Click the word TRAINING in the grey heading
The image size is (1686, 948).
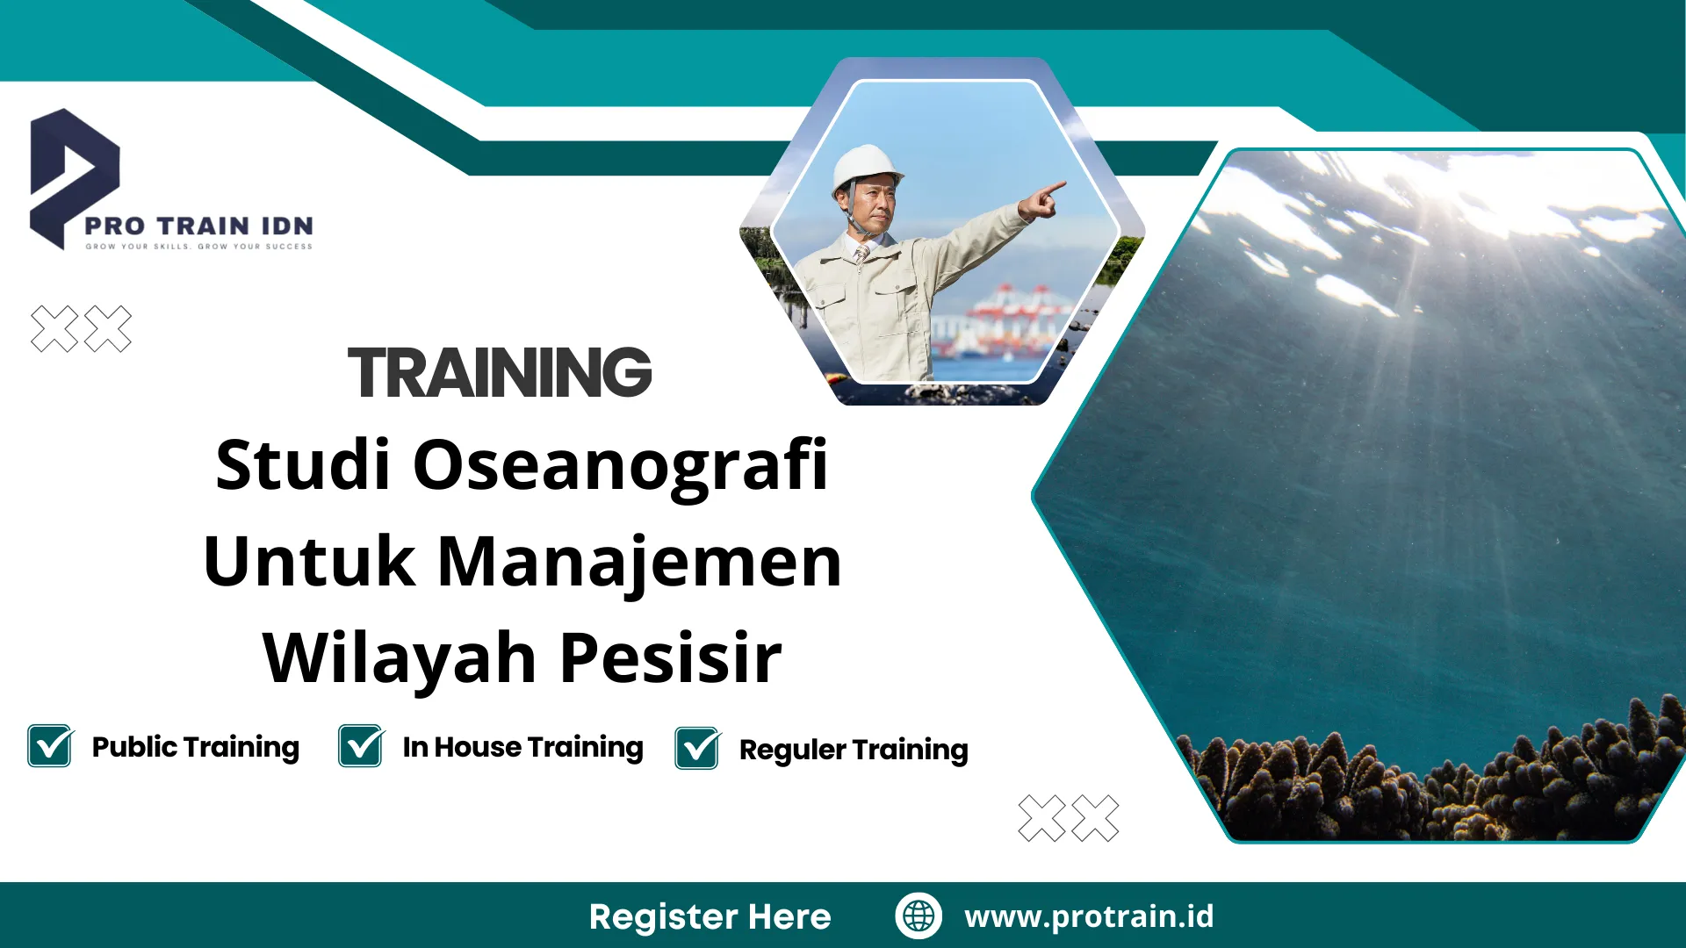[x=500, y=372]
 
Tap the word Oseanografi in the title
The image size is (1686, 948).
[x=620, y=465]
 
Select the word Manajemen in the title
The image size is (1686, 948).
[x=639, y=562]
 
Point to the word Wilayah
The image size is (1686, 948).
[x=400, y=658]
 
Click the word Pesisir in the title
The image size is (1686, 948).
[x=670, y=658]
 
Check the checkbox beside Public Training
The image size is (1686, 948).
[x=50, y=746]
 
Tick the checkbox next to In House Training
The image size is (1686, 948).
[x=361, y=746]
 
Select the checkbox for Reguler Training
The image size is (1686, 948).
[x=697, y=749]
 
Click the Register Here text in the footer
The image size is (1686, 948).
[x=710, y=916]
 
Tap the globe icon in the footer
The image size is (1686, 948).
[x=919, y=916]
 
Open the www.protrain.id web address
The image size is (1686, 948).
[x=1089, y=916]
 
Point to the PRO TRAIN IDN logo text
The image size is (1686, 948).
[x=198, y=226]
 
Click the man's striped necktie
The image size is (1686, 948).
[x=862, y=254]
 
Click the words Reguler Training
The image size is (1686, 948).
[x=854, y=750]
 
